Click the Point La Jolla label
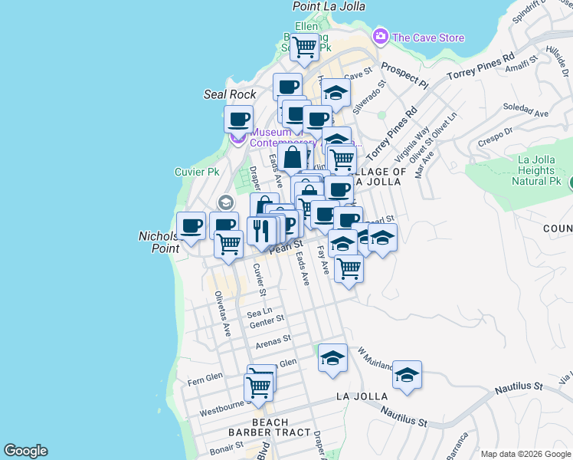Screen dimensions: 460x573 [329, 6]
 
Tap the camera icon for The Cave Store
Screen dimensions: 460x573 [381, 36]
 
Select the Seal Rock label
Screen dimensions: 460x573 [230, 94]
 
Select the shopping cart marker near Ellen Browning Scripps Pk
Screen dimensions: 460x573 [305, 47]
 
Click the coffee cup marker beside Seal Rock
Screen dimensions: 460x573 [238, 120]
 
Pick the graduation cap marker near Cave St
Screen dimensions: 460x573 [336, 93]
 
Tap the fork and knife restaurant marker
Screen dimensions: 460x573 [261, 230]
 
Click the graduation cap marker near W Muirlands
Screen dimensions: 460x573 [332, 357]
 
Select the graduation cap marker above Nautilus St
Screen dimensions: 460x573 [407, 375]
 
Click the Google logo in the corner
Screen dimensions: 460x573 [25, 451]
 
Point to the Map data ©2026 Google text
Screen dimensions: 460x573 [526, 453]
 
